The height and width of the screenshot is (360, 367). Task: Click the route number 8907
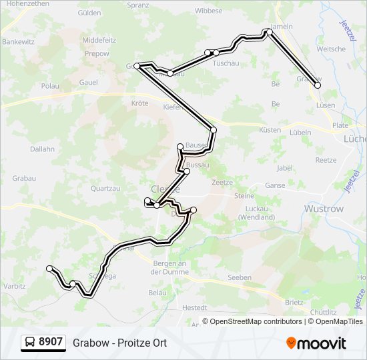51,342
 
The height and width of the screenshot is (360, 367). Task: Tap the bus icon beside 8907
31,343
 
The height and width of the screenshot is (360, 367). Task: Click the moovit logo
316,343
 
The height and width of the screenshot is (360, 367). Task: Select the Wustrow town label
324,209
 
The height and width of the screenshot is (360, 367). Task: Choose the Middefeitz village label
99,40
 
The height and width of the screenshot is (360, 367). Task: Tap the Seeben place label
240,277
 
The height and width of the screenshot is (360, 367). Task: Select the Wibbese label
209,11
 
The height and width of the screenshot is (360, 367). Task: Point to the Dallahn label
42,149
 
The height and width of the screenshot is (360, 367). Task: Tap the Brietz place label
294,302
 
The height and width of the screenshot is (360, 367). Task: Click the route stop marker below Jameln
269,31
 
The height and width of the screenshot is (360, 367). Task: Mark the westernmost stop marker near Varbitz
49,268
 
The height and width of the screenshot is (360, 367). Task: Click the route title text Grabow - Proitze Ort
120,343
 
